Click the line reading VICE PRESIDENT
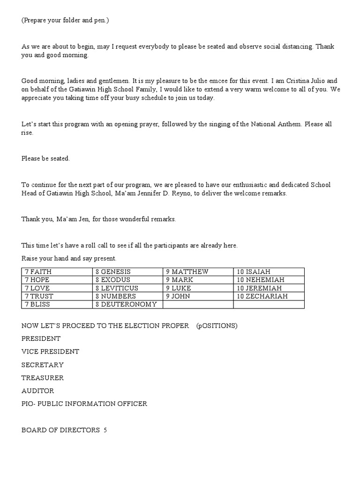(x=50, y=352)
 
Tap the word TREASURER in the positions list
(x=43, y=378)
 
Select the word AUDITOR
(x=37, y=390)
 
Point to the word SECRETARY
(x=42, y=365)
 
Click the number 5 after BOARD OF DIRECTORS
(x=105, y=430)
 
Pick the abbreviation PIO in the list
(x=27, y=404)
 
